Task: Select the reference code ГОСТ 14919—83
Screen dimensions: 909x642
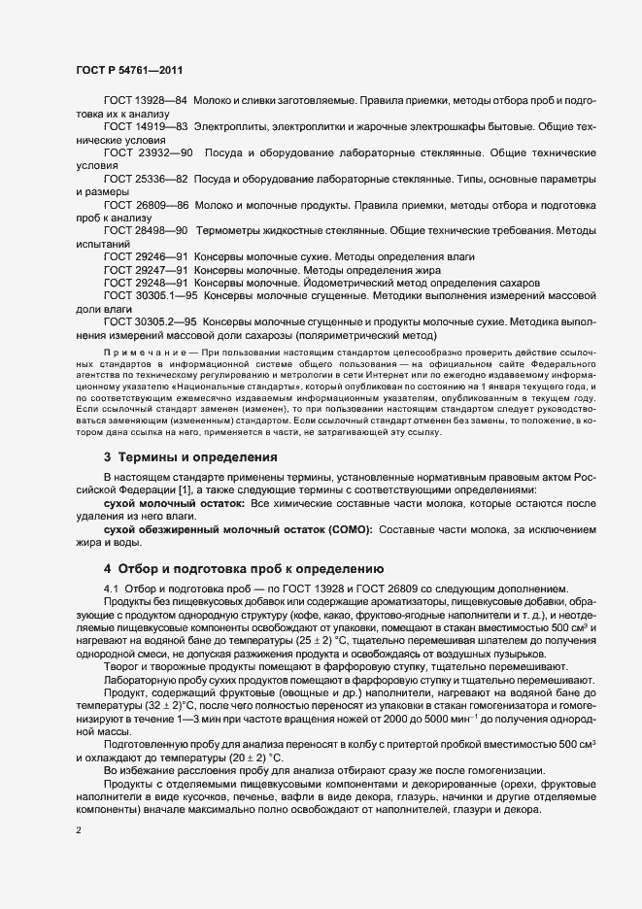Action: coord(146,127)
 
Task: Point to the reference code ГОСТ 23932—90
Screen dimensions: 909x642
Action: coord(149,153)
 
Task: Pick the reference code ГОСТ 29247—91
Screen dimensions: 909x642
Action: coord(146,269)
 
